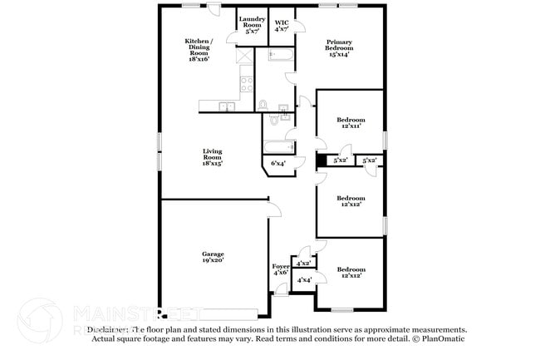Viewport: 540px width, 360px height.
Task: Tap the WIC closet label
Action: [x=281, y=22]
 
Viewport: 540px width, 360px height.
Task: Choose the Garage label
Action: [x=213, y=254]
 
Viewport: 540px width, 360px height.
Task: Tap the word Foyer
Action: [x=280, y=266]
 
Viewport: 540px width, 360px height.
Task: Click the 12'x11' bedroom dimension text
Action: [x=350, y=127]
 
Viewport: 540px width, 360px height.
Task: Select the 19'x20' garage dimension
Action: [x=213, y=260]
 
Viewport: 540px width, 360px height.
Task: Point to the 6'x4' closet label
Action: [x=278, y=163]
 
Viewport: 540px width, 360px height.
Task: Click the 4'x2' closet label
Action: [x=303, y=263]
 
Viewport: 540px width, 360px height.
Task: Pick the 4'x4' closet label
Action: [x=304, y=280]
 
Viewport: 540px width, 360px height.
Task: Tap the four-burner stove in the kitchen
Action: [x=246, y=83]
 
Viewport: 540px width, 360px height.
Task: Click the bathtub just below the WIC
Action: [x=281, y=57]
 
